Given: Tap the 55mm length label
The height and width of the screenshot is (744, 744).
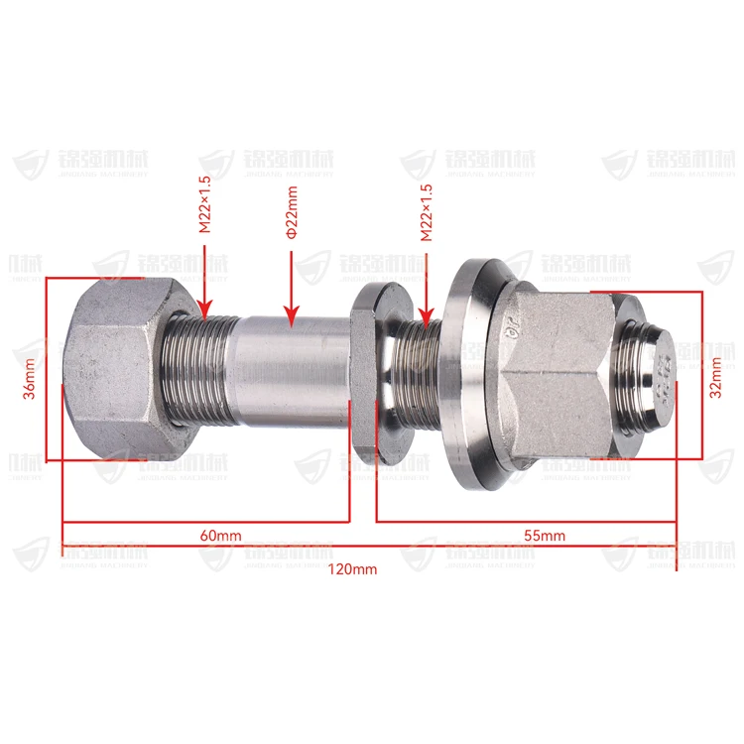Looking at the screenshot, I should tap(544, 536).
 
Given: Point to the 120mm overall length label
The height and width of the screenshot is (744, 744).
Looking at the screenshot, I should tap(352, 569).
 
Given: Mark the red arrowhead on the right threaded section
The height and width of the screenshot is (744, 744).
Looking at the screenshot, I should tap(427, 315).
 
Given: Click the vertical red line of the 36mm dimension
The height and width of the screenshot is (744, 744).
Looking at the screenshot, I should tap(46, 367).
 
